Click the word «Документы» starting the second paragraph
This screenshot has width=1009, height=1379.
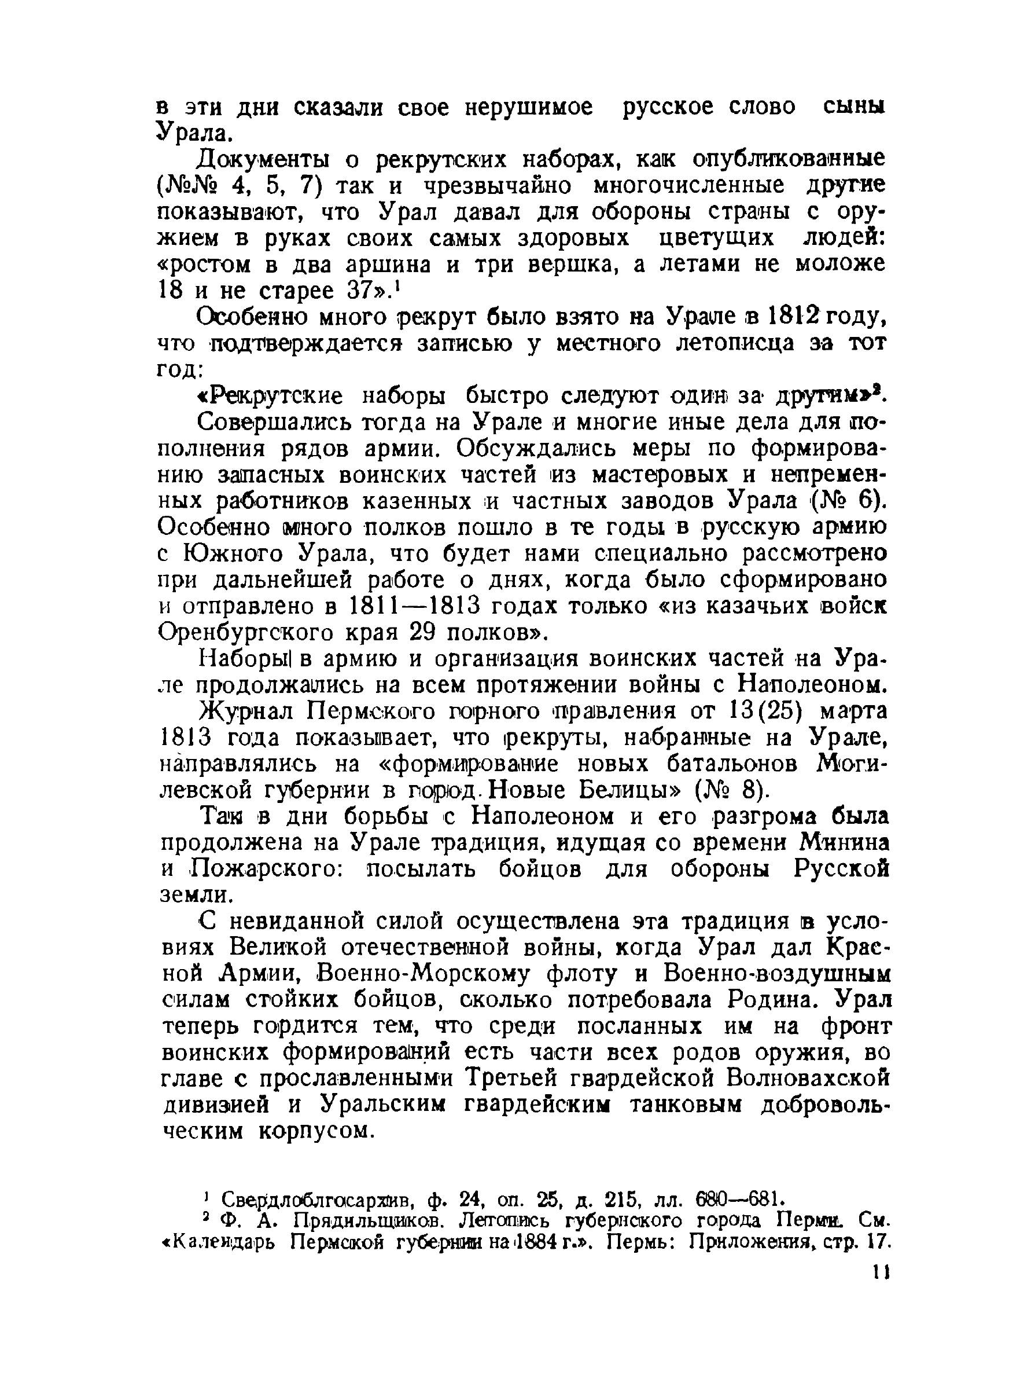point(263,160)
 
